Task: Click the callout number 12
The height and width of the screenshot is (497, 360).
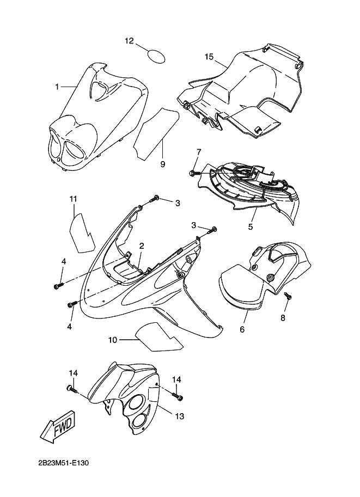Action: pos(129,41)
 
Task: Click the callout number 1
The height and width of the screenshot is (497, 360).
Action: pos(57,86)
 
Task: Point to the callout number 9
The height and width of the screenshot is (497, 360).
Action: pos(162,163)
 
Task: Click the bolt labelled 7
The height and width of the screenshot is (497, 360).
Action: pos(193,173)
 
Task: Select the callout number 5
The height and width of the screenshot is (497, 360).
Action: pos(251,226)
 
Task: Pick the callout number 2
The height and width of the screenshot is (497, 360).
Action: pos(141,246)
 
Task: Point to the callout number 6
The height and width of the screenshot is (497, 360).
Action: pos(242,329)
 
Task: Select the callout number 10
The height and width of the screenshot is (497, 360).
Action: pos(113,340)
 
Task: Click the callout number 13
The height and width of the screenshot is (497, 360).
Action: pos(179,416)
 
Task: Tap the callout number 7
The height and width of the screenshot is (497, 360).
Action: pos(199,152)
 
